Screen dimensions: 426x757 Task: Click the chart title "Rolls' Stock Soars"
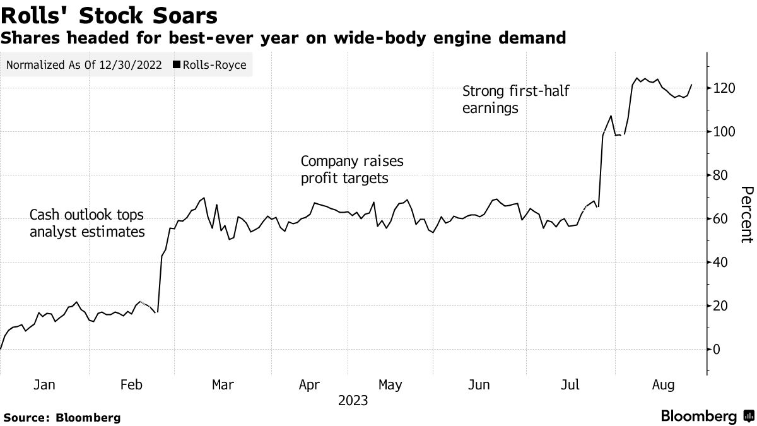110,15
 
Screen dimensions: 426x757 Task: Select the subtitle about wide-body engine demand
283,38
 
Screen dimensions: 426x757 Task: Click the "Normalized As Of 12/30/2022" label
84,65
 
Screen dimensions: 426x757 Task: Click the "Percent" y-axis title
746,215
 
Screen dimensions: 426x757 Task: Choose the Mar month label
223,385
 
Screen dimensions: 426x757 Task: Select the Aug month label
663,385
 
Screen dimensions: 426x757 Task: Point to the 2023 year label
353,400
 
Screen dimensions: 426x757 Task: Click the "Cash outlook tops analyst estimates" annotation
87,223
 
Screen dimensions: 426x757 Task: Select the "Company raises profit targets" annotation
352,170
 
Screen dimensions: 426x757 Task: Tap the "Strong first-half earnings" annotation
515,99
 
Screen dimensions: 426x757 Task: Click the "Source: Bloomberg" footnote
62,417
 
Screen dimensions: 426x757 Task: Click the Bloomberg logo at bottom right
706,417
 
